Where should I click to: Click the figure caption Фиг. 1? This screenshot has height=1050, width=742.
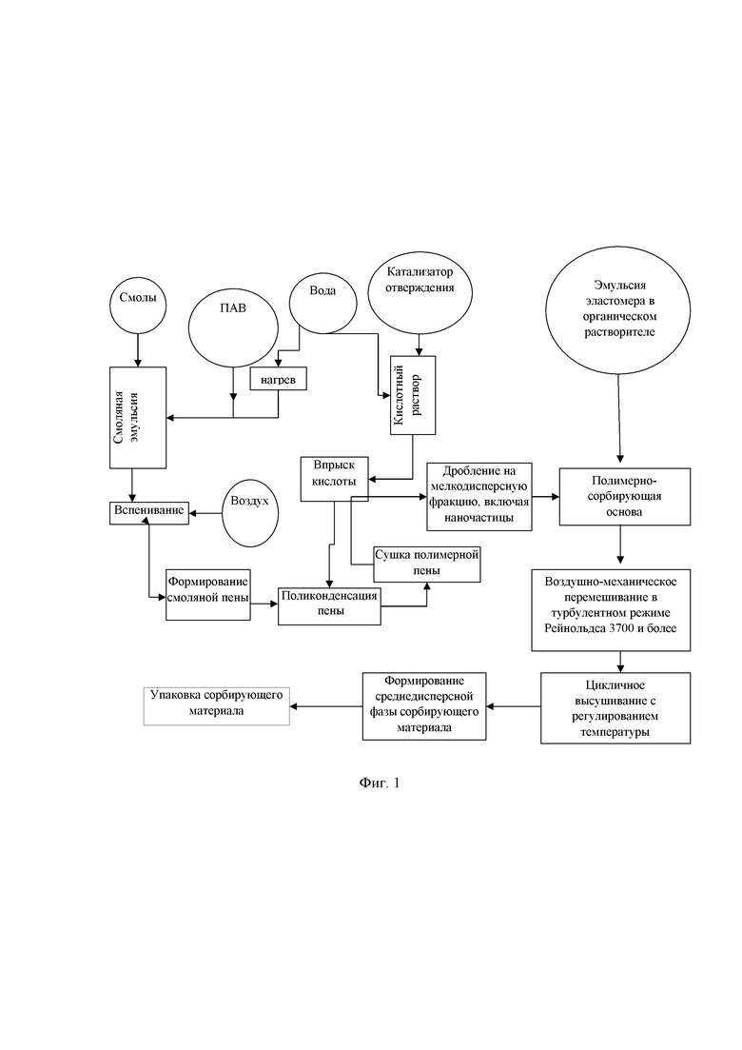click(x=380, y=783)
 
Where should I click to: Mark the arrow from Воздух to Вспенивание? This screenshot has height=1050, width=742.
click(x=205, y=514)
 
